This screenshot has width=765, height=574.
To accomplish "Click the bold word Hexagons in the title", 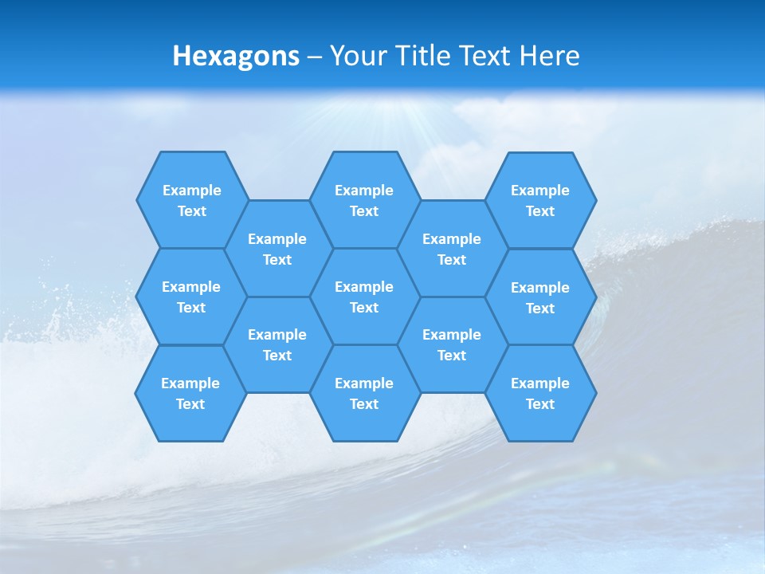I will pyautogui.click(x=236, y=56).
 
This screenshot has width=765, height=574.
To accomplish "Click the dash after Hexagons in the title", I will pyautogui.click(x=315, y=57).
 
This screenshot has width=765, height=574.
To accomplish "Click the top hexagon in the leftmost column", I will pyautogui.click(x=191, y=200).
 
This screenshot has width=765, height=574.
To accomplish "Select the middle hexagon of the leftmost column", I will pyautogui.click(x=191, y=297).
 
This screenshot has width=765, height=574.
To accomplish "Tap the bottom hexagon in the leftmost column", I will pyautogui.click(x=190, y=393).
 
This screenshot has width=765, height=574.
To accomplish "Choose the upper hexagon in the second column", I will pyautogui.click(x=277, y=249).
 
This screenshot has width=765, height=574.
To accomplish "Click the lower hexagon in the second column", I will pyautogui.click(x=277, y=344).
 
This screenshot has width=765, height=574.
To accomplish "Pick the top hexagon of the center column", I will pyautogui.click(x=364, y=200).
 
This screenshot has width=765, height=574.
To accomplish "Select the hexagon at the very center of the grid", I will pyautogui.click(x=364, y=297).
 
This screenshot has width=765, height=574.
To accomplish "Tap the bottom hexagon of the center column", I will pyautogui.click(x=364, y=393).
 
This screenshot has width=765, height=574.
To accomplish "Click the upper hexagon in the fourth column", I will pyautogui.click(x=452, y=249).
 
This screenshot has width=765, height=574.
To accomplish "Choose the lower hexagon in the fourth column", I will pyautogui.click(x=452, y=344).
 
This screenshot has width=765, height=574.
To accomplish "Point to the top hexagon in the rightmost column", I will pyautogui.click(x=540, y=200).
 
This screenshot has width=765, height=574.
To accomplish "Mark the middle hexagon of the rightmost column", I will pyautogui.click(x=540, y=297).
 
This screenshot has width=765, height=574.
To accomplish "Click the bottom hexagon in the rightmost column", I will pyautogui.click(x=540, y=393).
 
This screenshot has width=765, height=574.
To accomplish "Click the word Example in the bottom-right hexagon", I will pyautogui.click(x=540, y=383).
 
